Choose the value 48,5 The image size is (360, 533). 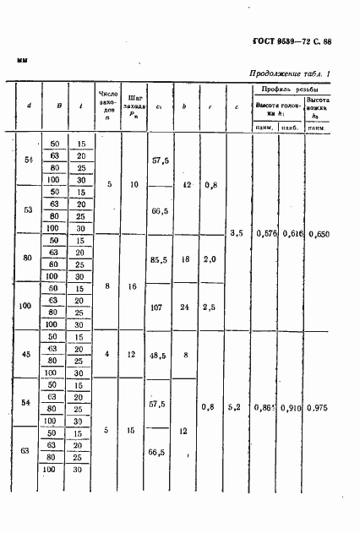pos(158,356)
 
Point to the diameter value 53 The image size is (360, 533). pos(30,209)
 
